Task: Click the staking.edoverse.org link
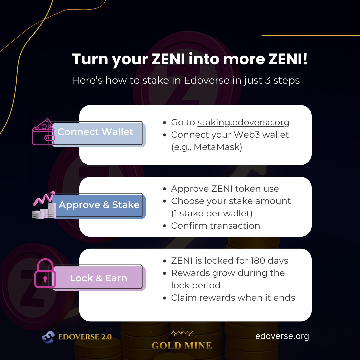click(x=243, y=122)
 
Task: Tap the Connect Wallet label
click(x=95, y=132)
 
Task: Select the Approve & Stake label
click(x=99, y=205)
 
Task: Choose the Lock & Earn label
click(x=98, y=278)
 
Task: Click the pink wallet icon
click(x=43, y=132)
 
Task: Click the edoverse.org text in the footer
click(x=282, y=336)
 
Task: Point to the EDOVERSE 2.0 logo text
click(x=85, y=337)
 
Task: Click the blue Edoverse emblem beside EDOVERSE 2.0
click(x=48, y=337)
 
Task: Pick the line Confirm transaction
click(x=215, y=226)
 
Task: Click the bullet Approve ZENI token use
click(x=225, y=189)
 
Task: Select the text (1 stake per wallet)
click(x=212, y=213)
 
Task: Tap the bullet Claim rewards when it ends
click(x=233, y=298)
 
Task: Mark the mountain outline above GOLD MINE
click(x=182, y=333)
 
